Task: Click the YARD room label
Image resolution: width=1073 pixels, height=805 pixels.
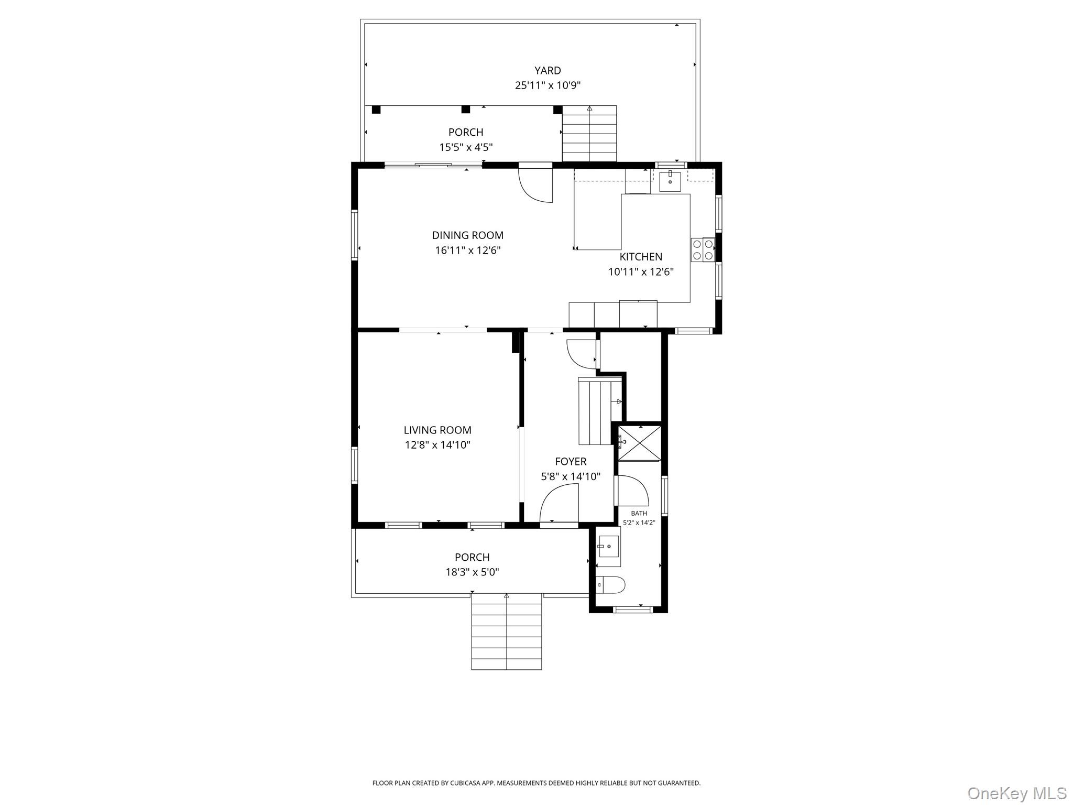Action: [548, 70]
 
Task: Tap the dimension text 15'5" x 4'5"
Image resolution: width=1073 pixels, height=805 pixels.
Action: [466, 147]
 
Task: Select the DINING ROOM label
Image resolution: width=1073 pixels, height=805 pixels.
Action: [467, 235]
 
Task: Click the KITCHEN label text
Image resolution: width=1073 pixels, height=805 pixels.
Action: [641, 257]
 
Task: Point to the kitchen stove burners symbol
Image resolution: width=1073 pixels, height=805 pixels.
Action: [703, 249]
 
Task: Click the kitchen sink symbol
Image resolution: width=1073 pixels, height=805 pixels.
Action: [670, 181]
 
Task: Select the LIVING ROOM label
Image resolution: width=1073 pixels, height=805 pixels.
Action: [437, 430]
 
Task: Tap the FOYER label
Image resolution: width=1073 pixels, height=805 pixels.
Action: [571, 462]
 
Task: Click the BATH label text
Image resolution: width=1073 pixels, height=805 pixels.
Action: [639, 514]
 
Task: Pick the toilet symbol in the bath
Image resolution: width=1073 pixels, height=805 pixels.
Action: [610, 585]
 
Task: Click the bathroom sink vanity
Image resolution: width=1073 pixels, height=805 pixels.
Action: [608, 547]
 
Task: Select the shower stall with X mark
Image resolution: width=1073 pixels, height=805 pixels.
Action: [640, 443]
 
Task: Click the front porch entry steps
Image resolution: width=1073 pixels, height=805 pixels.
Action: [506, 632]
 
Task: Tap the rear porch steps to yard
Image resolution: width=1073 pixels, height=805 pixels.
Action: [589, 134]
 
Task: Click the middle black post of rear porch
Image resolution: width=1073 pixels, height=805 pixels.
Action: [465, 110]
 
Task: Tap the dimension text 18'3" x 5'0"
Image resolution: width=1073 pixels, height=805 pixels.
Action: [472, 572]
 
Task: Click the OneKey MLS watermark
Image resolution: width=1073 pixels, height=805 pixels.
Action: [1016, 793]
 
